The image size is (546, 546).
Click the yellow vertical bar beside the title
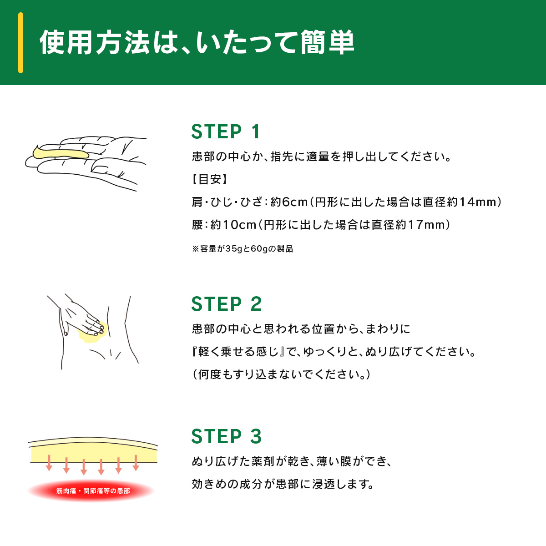point(20,43)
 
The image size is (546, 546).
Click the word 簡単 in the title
point(328,42)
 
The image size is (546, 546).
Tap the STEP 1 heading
point(226,132)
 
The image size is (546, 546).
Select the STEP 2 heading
point(227,304)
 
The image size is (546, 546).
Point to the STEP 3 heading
point(227,436)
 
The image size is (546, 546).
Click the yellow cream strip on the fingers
point(60,153)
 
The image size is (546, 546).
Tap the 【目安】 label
point(210,179)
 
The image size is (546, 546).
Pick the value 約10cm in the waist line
point(233,225)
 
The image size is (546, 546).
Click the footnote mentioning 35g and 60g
point(242,249)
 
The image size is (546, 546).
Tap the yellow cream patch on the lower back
point(92,333)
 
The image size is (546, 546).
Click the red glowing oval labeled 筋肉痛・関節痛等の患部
point(91,490)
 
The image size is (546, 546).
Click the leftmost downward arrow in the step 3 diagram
point(49,463)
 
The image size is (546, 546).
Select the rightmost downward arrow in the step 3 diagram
point(136,463)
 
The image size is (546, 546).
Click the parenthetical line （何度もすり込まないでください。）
point(281,374)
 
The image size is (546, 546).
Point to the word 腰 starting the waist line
point(197,225)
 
